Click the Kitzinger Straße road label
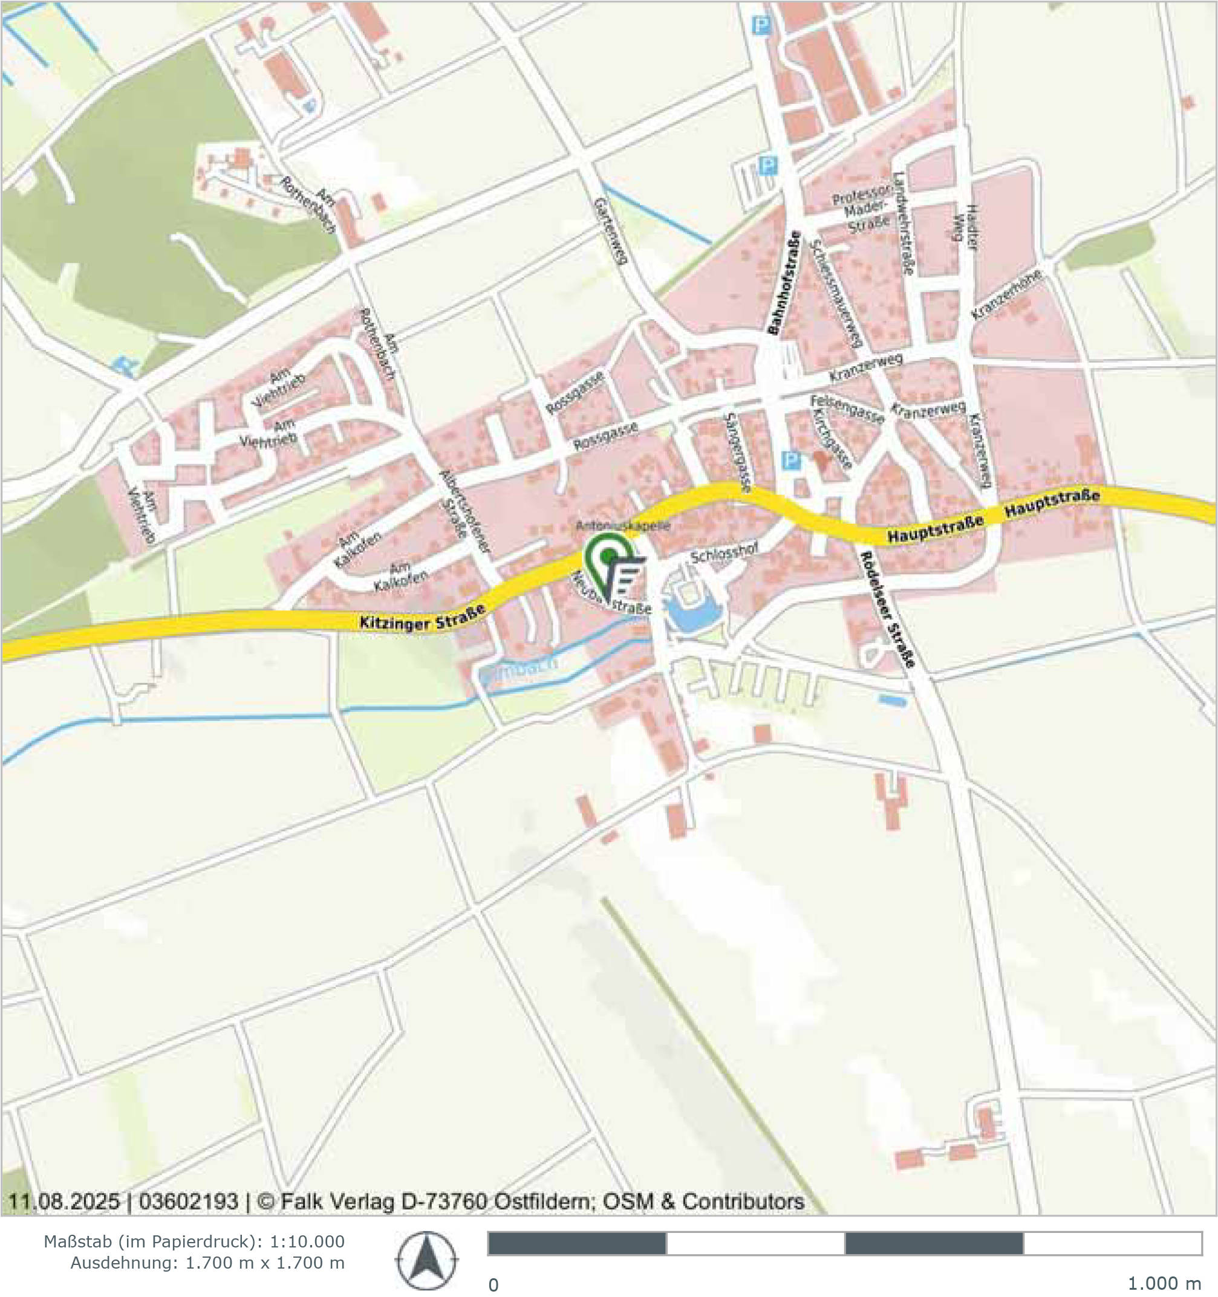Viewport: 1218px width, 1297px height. coord(423,618)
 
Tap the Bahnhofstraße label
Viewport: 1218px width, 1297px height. coord(783,282)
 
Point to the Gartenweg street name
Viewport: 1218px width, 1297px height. coord(610,231)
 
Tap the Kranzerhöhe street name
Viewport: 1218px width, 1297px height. coord(1005,294)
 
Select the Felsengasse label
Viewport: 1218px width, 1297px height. coord(847,409)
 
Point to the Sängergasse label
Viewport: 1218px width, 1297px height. coord(738,451)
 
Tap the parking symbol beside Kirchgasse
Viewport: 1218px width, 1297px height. coord(790,461)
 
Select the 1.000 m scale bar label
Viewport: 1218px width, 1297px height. coord(1164,1283)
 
